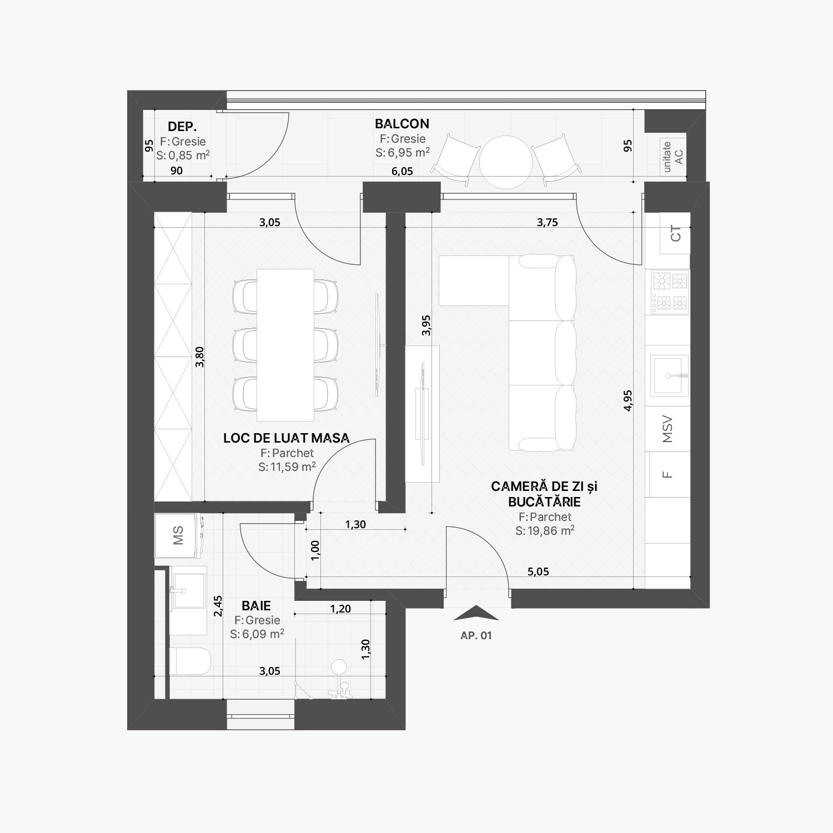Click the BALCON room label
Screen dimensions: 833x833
tap(402, 123)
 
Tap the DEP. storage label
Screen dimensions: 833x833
tap(182, 127)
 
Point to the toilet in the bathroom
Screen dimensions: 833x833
tap(190, 661)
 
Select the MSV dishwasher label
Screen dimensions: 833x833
tap(668, 429)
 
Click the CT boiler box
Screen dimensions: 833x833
tap(675, 233)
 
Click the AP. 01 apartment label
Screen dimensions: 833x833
tap(476, 636)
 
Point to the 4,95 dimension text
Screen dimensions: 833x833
tap(628, 400)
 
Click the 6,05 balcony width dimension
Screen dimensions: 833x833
tap(402, 171)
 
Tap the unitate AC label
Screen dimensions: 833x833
tap(673, 157)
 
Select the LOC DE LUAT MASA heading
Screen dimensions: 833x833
tap(287, 438)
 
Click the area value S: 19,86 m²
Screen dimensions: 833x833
tap(545, 531)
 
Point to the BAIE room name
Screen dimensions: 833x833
tap(256, 605)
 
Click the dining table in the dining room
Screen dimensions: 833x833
tap(285, 345)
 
